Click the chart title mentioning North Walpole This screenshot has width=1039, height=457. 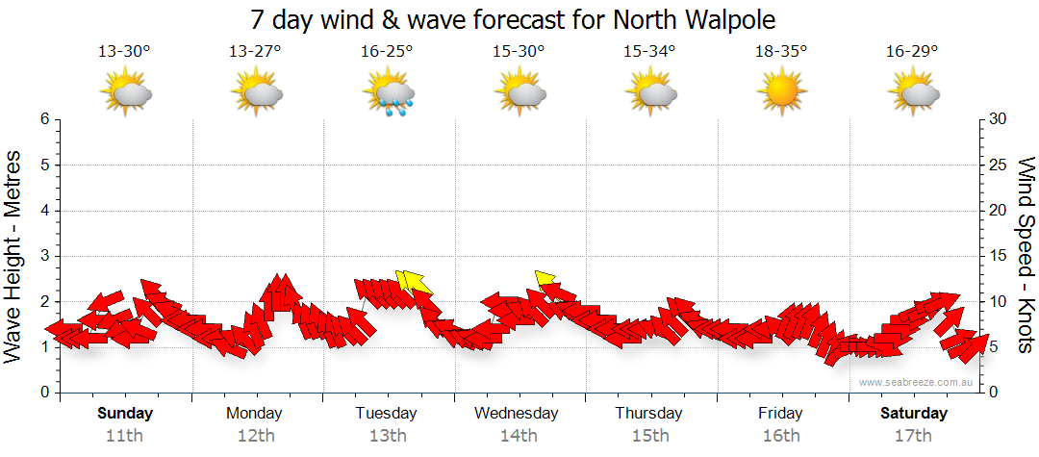pos(513,19)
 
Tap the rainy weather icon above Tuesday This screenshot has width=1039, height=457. pos(388,92)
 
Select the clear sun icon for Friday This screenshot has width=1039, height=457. pos(780,92)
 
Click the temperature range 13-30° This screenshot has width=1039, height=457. pos(124,51)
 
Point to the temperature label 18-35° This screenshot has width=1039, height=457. pos(780,51)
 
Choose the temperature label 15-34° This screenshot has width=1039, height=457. pos(649,51)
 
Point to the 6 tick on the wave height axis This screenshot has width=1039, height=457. pos(43,119)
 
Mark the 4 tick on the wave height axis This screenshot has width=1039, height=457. pos(43,211)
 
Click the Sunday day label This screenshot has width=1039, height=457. pos(124,414)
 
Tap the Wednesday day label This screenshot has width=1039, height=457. pos(517,414)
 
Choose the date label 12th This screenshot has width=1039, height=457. pos(255,436)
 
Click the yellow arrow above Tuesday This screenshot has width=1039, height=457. pos(414,281)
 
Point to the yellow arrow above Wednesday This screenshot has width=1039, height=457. pos(546,279)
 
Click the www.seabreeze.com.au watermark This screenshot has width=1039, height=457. pos(917,382)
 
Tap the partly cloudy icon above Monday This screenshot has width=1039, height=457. pos(256,92)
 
